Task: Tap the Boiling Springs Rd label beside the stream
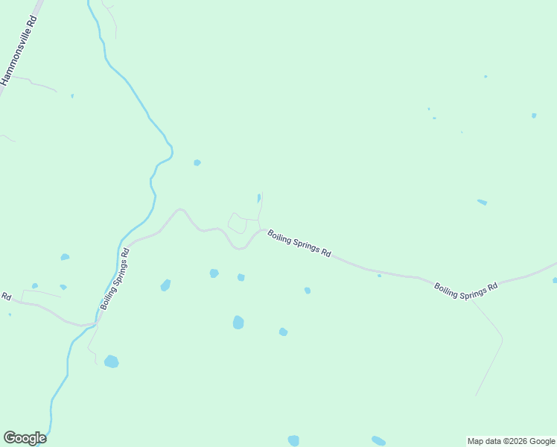click(x=115, y=279)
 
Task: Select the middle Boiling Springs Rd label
click(x=299, y=243)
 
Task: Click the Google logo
click(x=25, y=438)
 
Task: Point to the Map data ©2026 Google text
click(x=511, y=441)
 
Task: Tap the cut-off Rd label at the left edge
click(x=5, y=297)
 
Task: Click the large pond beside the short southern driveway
click(x=111, y=362)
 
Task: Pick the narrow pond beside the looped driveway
click(x=258, y=198)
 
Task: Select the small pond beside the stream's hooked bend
click(x=197, y=162)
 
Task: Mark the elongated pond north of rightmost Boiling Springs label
click(x=482, y=202)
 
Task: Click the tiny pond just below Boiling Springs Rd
click(x=379, y=276)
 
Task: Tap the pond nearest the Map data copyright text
click(x=378, y=440)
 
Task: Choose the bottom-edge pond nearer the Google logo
click(x=293, y=440)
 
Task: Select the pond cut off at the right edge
click(x=555, y=280)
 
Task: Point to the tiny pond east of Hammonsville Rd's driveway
click(x=72, y=95)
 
